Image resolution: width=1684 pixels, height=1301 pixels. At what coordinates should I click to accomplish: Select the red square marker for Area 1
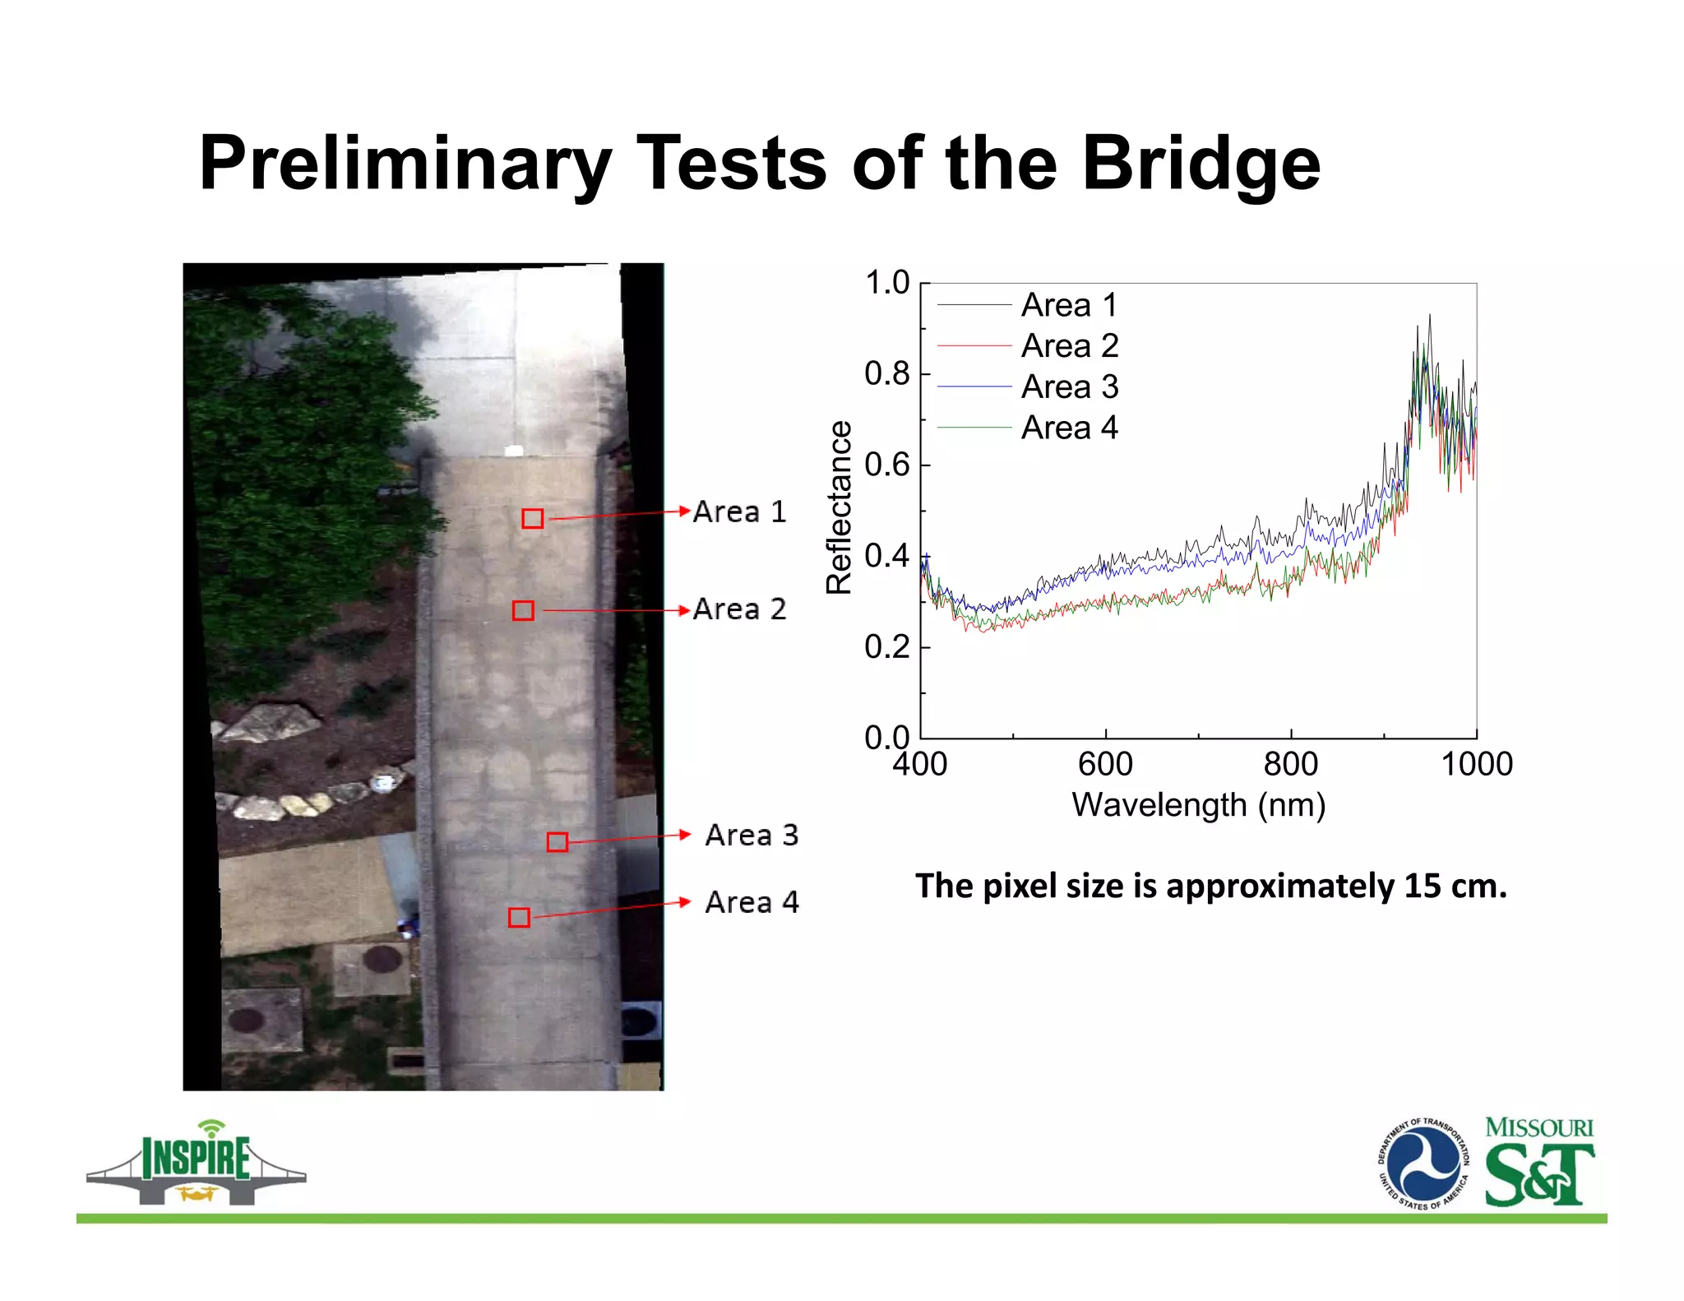[533, 518]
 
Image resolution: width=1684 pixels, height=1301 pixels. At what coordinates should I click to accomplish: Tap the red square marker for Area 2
[523, 610]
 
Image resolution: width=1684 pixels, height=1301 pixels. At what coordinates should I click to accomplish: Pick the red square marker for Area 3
[557, 841]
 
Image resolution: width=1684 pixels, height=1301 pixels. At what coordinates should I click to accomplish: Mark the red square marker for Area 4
[519, 917]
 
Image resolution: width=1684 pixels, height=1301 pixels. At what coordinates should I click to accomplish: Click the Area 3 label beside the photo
[752, 835]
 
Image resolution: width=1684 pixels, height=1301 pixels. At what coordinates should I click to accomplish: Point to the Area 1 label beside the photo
[739, 512]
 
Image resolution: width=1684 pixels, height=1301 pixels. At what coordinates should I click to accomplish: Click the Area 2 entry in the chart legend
[1069, 346]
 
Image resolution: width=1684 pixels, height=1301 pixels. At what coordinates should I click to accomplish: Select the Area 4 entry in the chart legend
[1069, 428]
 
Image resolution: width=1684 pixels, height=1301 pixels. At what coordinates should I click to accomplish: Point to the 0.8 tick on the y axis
[887, 374]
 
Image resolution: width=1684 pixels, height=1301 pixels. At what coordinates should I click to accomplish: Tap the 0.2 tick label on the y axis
[887, 647]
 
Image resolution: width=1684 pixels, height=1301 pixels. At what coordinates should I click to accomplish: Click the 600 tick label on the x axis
[1105, 764]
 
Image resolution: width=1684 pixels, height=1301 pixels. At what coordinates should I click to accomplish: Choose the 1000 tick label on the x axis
[1477, 764]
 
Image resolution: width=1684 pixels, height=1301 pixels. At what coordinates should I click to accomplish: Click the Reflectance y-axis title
[839, 507]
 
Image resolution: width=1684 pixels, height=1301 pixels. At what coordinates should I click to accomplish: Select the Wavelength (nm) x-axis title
[1198, 805]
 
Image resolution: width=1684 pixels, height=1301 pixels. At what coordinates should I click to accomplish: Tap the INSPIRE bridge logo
[197, 1164]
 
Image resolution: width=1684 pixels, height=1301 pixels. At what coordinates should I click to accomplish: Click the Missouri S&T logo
[1538, 1162]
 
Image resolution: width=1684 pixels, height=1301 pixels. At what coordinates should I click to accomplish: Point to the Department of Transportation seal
[1423, 1164]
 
